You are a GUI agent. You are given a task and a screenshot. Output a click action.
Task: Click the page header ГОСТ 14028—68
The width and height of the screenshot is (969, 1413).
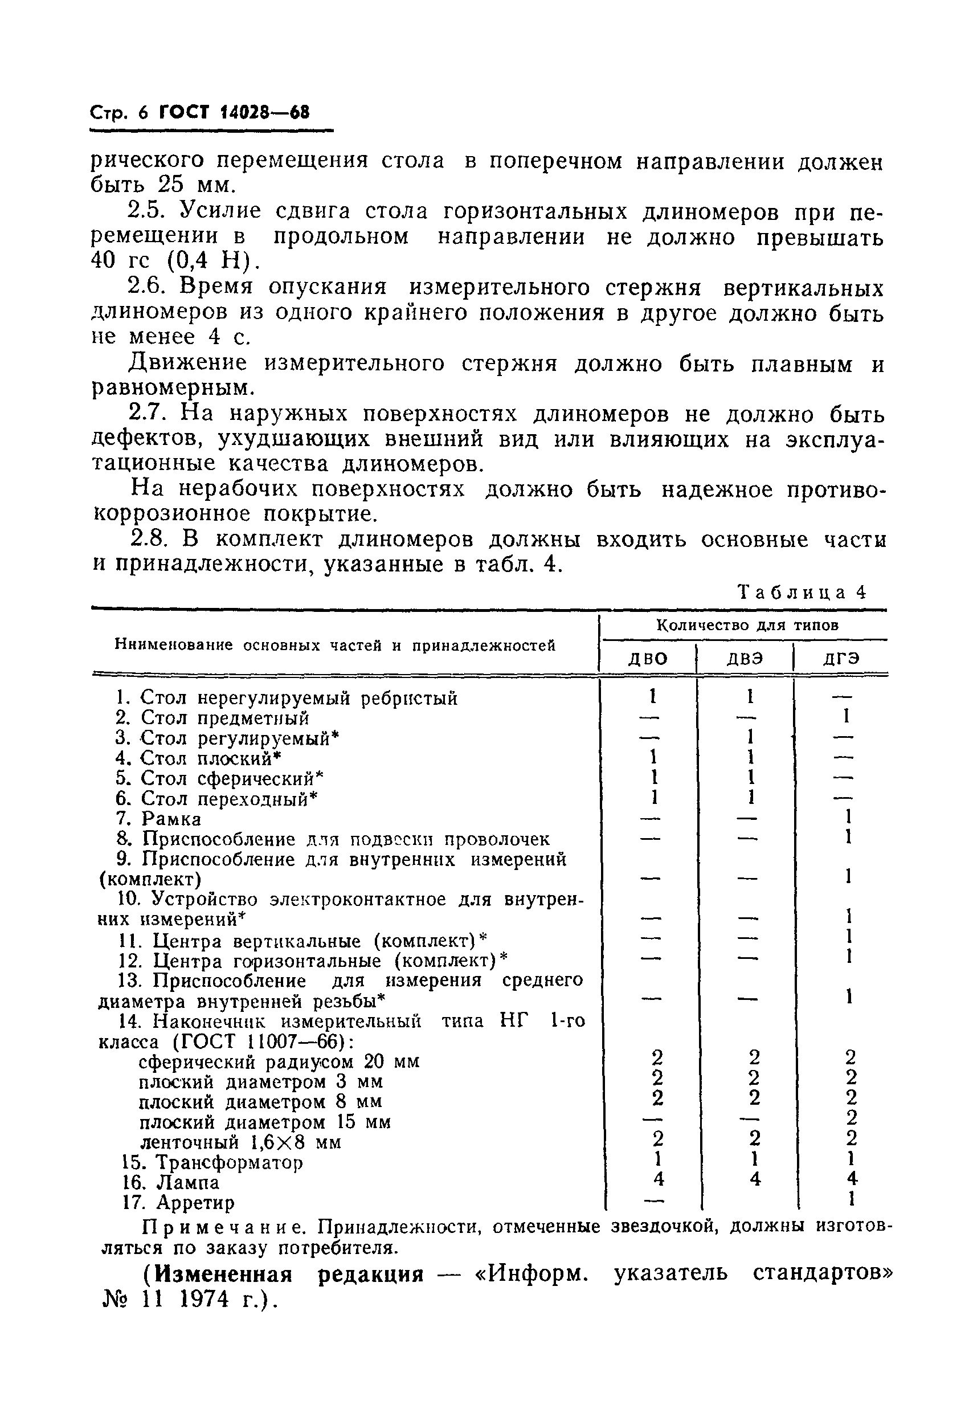234,113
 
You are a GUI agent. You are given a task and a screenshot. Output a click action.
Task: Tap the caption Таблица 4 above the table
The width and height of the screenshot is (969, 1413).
801,592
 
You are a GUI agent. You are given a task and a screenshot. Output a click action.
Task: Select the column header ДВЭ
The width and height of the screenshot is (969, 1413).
745,659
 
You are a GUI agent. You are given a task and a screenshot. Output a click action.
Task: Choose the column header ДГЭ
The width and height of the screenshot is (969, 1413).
841,659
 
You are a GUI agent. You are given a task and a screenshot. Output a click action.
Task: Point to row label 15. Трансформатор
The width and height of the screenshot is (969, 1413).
212,1162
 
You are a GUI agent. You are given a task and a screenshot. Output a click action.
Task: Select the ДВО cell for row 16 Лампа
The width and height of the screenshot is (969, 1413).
658,1179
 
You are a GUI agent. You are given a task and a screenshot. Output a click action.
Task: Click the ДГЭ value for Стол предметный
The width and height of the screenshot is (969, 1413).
845,717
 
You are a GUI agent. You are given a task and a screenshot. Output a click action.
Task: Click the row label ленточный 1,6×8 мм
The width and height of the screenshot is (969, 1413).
241,1142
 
